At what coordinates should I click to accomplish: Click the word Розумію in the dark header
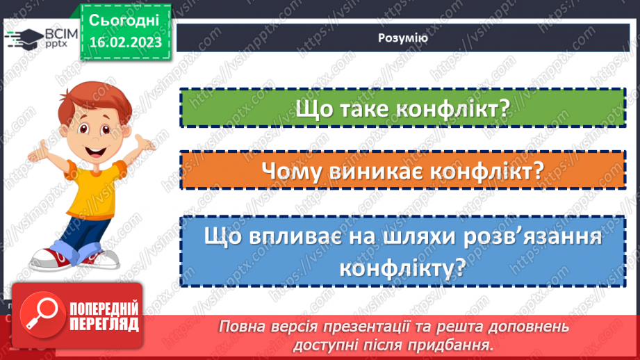tap(403, 39)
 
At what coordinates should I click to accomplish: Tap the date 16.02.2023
tap(125, 43)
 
